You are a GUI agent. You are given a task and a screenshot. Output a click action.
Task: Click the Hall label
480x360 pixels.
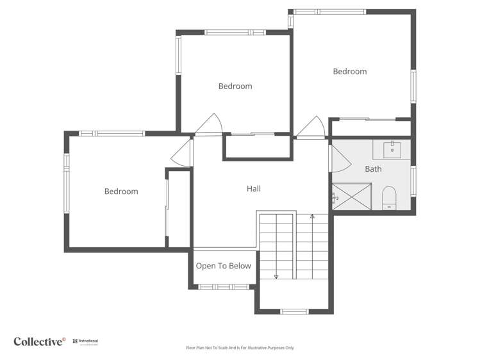click(x=254, y=189)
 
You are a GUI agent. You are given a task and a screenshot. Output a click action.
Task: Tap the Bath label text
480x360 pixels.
click(x=373, y=169)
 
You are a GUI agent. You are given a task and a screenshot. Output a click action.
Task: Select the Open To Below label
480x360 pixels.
click(x=223, y=266)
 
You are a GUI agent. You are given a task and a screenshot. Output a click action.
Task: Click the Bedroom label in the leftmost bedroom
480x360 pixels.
click(x=121, y=192)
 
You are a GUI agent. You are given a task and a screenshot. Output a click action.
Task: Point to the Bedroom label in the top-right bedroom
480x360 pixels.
click(x=350, y=72)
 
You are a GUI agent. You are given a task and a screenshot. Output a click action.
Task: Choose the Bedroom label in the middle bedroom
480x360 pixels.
click(x=235, y=86)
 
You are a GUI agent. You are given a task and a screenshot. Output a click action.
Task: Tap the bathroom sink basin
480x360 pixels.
click(x=392, y=150)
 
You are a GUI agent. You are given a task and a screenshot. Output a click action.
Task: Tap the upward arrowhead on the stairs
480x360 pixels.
click(x=312, y=217)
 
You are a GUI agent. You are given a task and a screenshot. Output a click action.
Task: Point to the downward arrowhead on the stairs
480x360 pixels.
click(x=276, y=277)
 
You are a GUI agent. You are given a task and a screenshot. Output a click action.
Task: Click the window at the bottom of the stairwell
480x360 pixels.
click(x=295, y=311)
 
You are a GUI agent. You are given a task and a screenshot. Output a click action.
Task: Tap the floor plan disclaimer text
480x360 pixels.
click(x=240, y=348)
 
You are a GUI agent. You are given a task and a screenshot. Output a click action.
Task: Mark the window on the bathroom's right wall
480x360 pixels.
click(x=413, y=180)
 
